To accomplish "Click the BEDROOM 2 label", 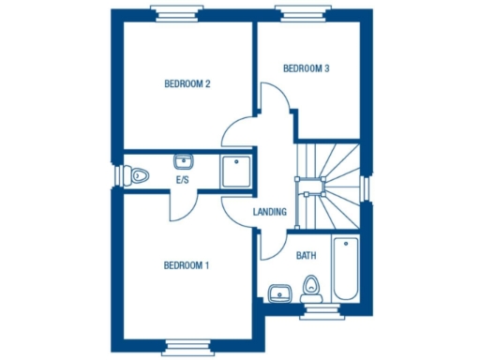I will click(x=187, y=83).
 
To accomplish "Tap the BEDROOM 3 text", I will click(x=306, y=67).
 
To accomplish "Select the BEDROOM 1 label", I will click(x=187, y=265).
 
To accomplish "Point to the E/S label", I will click(x=182, y=179).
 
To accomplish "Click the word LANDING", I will click(x=270, y=213).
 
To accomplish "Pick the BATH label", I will click(x=306, y=255).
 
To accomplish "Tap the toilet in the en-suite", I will click(x=139, y=174).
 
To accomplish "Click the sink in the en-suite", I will click(x=182, y=158).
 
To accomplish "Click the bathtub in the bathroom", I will click(x=345, y=268).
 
